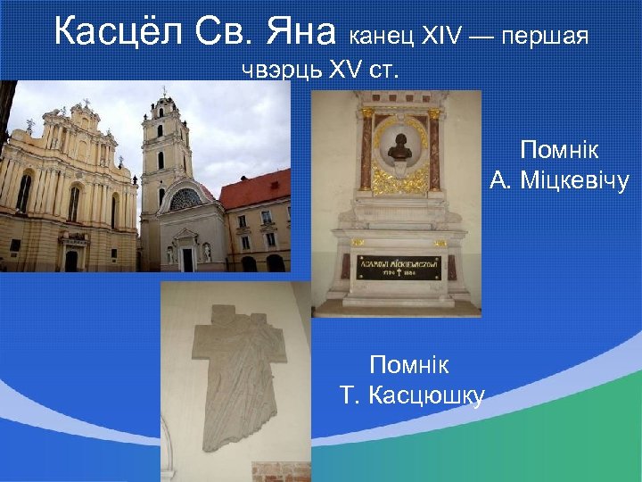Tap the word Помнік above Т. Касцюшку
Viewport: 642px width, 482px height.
[x=409, y=365]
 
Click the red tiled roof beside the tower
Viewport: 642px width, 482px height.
[x=255, y=190]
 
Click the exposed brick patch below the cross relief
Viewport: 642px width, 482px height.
[x=280, y=471]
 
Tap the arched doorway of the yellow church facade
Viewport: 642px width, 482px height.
[x=71, y=260]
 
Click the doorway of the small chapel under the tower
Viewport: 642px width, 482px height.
[x=187, y=259]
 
